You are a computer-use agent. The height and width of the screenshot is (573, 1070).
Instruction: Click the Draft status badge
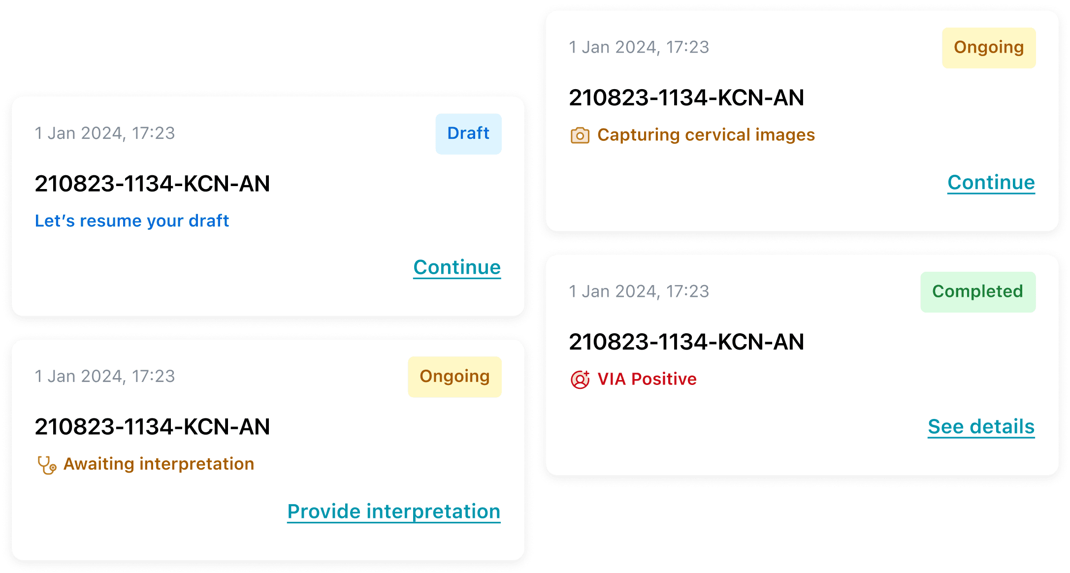pos(468,134)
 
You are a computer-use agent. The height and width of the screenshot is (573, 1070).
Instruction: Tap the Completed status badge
pos(977,292)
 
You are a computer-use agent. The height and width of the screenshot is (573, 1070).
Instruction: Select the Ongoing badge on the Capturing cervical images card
pos(988,48)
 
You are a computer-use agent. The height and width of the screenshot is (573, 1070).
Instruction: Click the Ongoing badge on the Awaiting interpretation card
pos(454,377)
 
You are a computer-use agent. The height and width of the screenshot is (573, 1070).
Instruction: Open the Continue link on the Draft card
pos(457,267)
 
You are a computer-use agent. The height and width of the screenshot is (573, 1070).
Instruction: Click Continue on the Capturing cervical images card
pos(991,183)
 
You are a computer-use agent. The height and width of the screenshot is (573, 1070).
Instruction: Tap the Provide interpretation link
pos(393,511)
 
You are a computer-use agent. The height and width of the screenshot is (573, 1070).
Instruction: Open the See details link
pos(981,427)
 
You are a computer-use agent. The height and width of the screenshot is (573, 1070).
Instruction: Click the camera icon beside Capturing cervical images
pos(580,135)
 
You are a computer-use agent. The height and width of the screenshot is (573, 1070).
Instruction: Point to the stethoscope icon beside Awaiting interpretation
pos(47,465)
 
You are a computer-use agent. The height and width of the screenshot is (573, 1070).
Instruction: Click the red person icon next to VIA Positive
pos(580,380)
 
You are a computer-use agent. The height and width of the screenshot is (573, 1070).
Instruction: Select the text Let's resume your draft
pos(132,221)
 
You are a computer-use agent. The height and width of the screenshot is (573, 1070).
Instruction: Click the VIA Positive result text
pos(647,379)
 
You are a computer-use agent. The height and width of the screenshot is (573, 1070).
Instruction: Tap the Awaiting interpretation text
pos(159,464)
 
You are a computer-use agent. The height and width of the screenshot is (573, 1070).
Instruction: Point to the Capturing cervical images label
pos(706,135)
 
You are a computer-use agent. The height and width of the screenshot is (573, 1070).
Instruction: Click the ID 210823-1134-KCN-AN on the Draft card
pos(152,184)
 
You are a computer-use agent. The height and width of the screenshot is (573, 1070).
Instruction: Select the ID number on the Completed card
pos(686,342)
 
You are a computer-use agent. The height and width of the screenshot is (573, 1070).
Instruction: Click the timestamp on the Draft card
pos(105,133)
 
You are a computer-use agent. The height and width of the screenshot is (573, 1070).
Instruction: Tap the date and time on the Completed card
pos(639,291)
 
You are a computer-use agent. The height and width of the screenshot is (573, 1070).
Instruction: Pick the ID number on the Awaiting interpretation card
pos(152,427)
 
